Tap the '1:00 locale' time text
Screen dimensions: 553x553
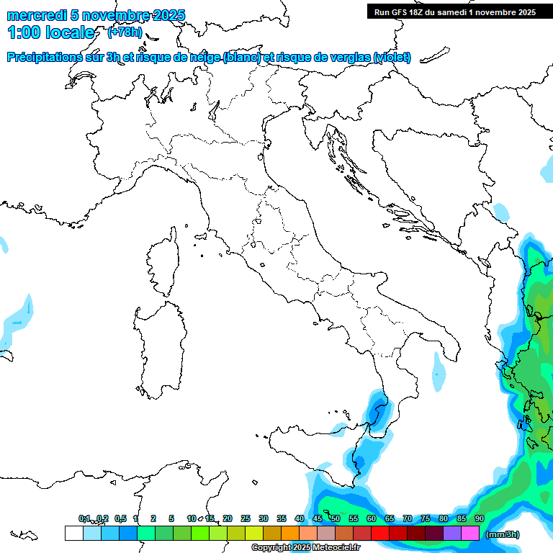(51, 33)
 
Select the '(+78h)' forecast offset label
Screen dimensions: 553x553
(125, 32)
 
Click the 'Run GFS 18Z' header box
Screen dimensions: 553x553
(454, 12)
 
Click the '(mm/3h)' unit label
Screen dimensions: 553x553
(502, 534)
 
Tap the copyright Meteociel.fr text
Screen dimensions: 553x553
(305, 548)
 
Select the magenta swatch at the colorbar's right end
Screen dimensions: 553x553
(470, 534)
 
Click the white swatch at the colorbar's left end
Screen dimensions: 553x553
(73, 534)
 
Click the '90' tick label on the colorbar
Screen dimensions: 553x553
(480, 518)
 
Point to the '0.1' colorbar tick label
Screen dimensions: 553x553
(85, 518)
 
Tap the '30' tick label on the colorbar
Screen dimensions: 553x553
(264, 518)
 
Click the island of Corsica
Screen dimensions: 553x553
(163, 264)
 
